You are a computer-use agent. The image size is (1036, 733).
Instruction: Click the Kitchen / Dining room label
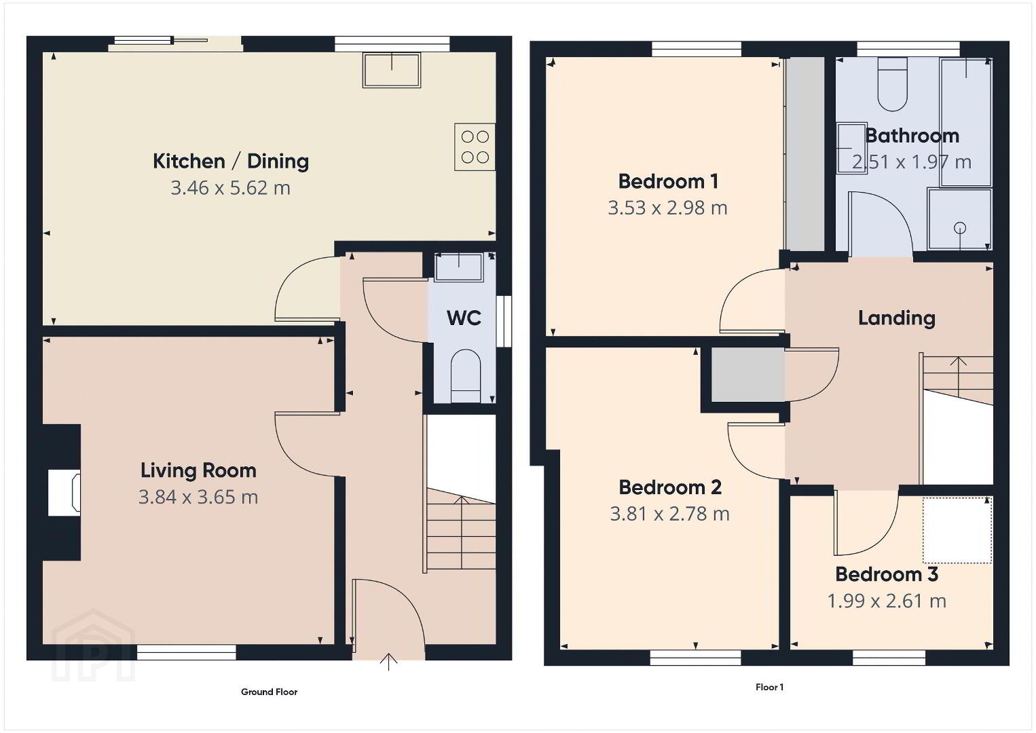231,162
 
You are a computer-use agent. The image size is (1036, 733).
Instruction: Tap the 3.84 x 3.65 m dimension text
198,497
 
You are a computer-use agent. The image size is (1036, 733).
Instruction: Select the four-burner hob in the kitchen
475,147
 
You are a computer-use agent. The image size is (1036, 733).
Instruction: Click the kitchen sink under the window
392,70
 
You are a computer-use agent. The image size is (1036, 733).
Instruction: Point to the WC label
464,318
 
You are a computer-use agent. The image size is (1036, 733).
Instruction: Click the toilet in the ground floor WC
466,376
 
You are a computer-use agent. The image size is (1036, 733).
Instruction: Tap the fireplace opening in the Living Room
64,493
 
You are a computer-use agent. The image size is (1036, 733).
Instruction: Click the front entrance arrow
388,662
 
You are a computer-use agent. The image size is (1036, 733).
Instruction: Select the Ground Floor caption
269,692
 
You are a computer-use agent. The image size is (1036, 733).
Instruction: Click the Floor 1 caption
770,688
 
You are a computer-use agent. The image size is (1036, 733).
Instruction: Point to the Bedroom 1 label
668,181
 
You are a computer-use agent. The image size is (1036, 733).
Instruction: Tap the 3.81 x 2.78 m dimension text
669,514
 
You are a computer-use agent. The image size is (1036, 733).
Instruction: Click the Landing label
897,318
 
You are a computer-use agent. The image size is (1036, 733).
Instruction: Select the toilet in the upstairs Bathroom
892,85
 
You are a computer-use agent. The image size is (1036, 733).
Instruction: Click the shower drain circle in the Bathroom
960,228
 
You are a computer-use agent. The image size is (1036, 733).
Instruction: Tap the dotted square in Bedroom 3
957,530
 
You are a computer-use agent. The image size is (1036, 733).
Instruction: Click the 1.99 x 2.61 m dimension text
887,601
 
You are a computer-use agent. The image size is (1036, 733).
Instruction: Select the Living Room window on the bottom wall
187,652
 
